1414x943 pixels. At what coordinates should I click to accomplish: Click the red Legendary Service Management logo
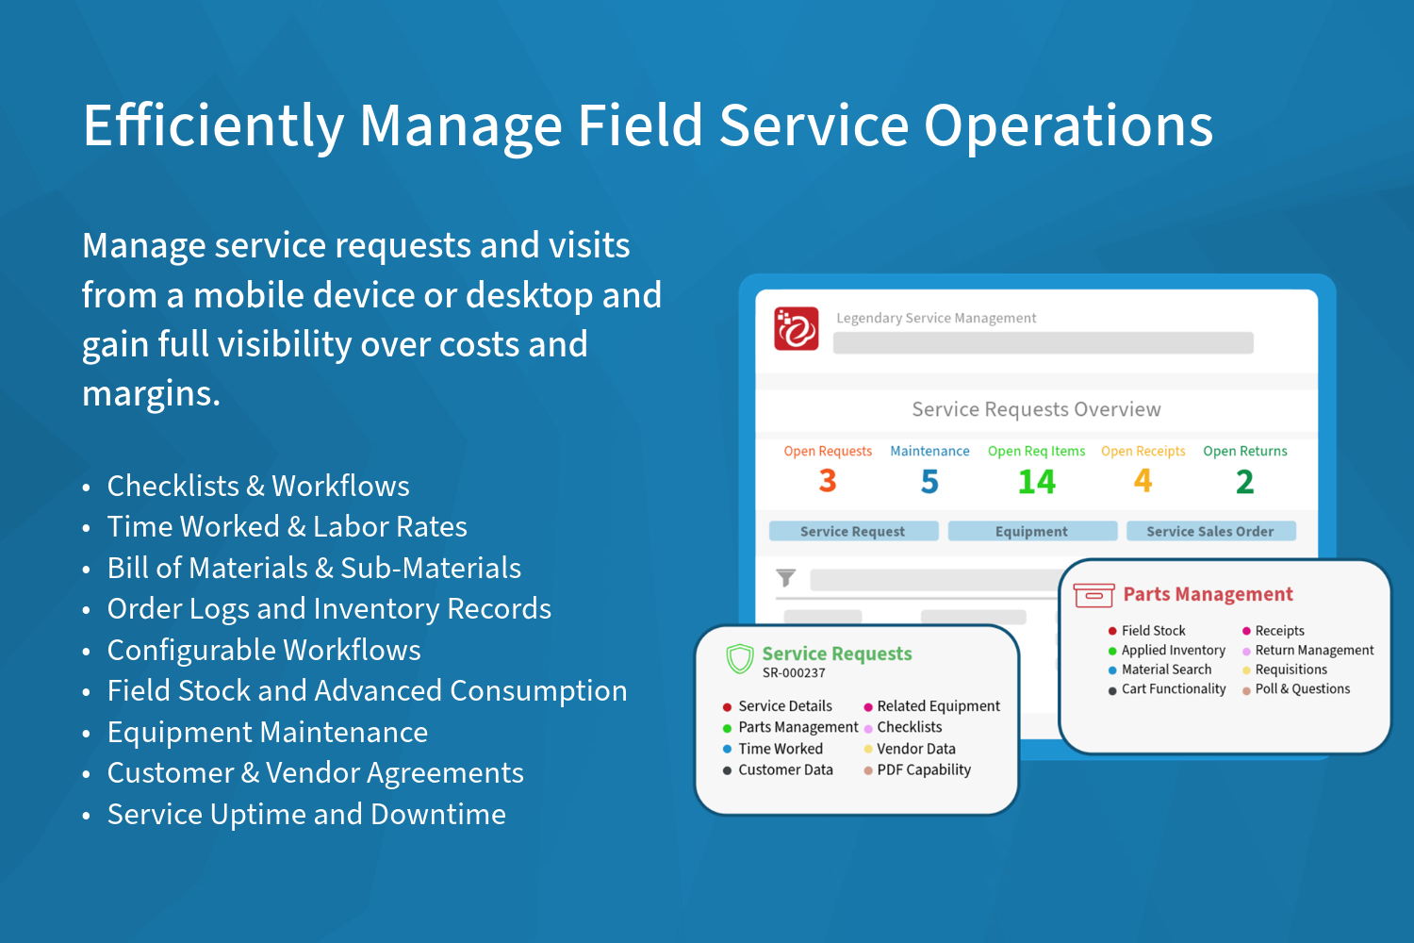(x=796, y=328)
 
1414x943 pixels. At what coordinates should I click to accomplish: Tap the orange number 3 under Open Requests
(x=828, y=481)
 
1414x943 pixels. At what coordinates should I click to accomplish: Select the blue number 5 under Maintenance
(x=929, y=481)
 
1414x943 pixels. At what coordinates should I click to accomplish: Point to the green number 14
(x=1037, y=481)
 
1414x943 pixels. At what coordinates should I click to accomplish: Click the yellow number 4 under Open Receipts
(x=1143, y=481)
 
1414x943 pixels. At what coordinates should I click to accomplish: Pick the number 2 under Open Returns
(x=1244, y=481)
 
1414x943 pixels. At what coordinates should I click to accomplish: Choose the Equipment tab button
(x=1032, y=531)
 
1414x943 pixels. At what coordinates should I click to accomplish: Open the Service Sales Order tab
(x=1210, y=531)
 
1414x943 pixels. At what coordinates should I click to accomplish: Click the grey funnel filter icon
(x=786, y=577)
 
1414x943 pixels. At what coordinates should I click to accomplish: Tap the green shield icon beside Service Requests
(x=739, y=659)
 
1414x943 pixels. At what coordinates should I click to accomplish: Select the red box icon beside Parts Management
(x=1093, y=595)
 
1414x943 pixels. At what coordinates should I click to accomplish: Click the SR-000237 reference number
(x=794, y=673)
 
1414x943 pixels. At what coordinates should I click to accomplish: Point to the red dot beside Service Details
(x=727, y=706)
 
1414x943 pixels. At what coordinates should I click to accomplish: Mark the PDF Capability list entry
(x=924, y=769)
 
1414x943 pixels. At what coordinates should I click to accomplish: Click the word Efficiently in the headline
(x=213, y=125)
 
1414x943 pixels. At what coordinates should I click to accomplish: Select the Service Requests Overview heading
(x=1036, y=409)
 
